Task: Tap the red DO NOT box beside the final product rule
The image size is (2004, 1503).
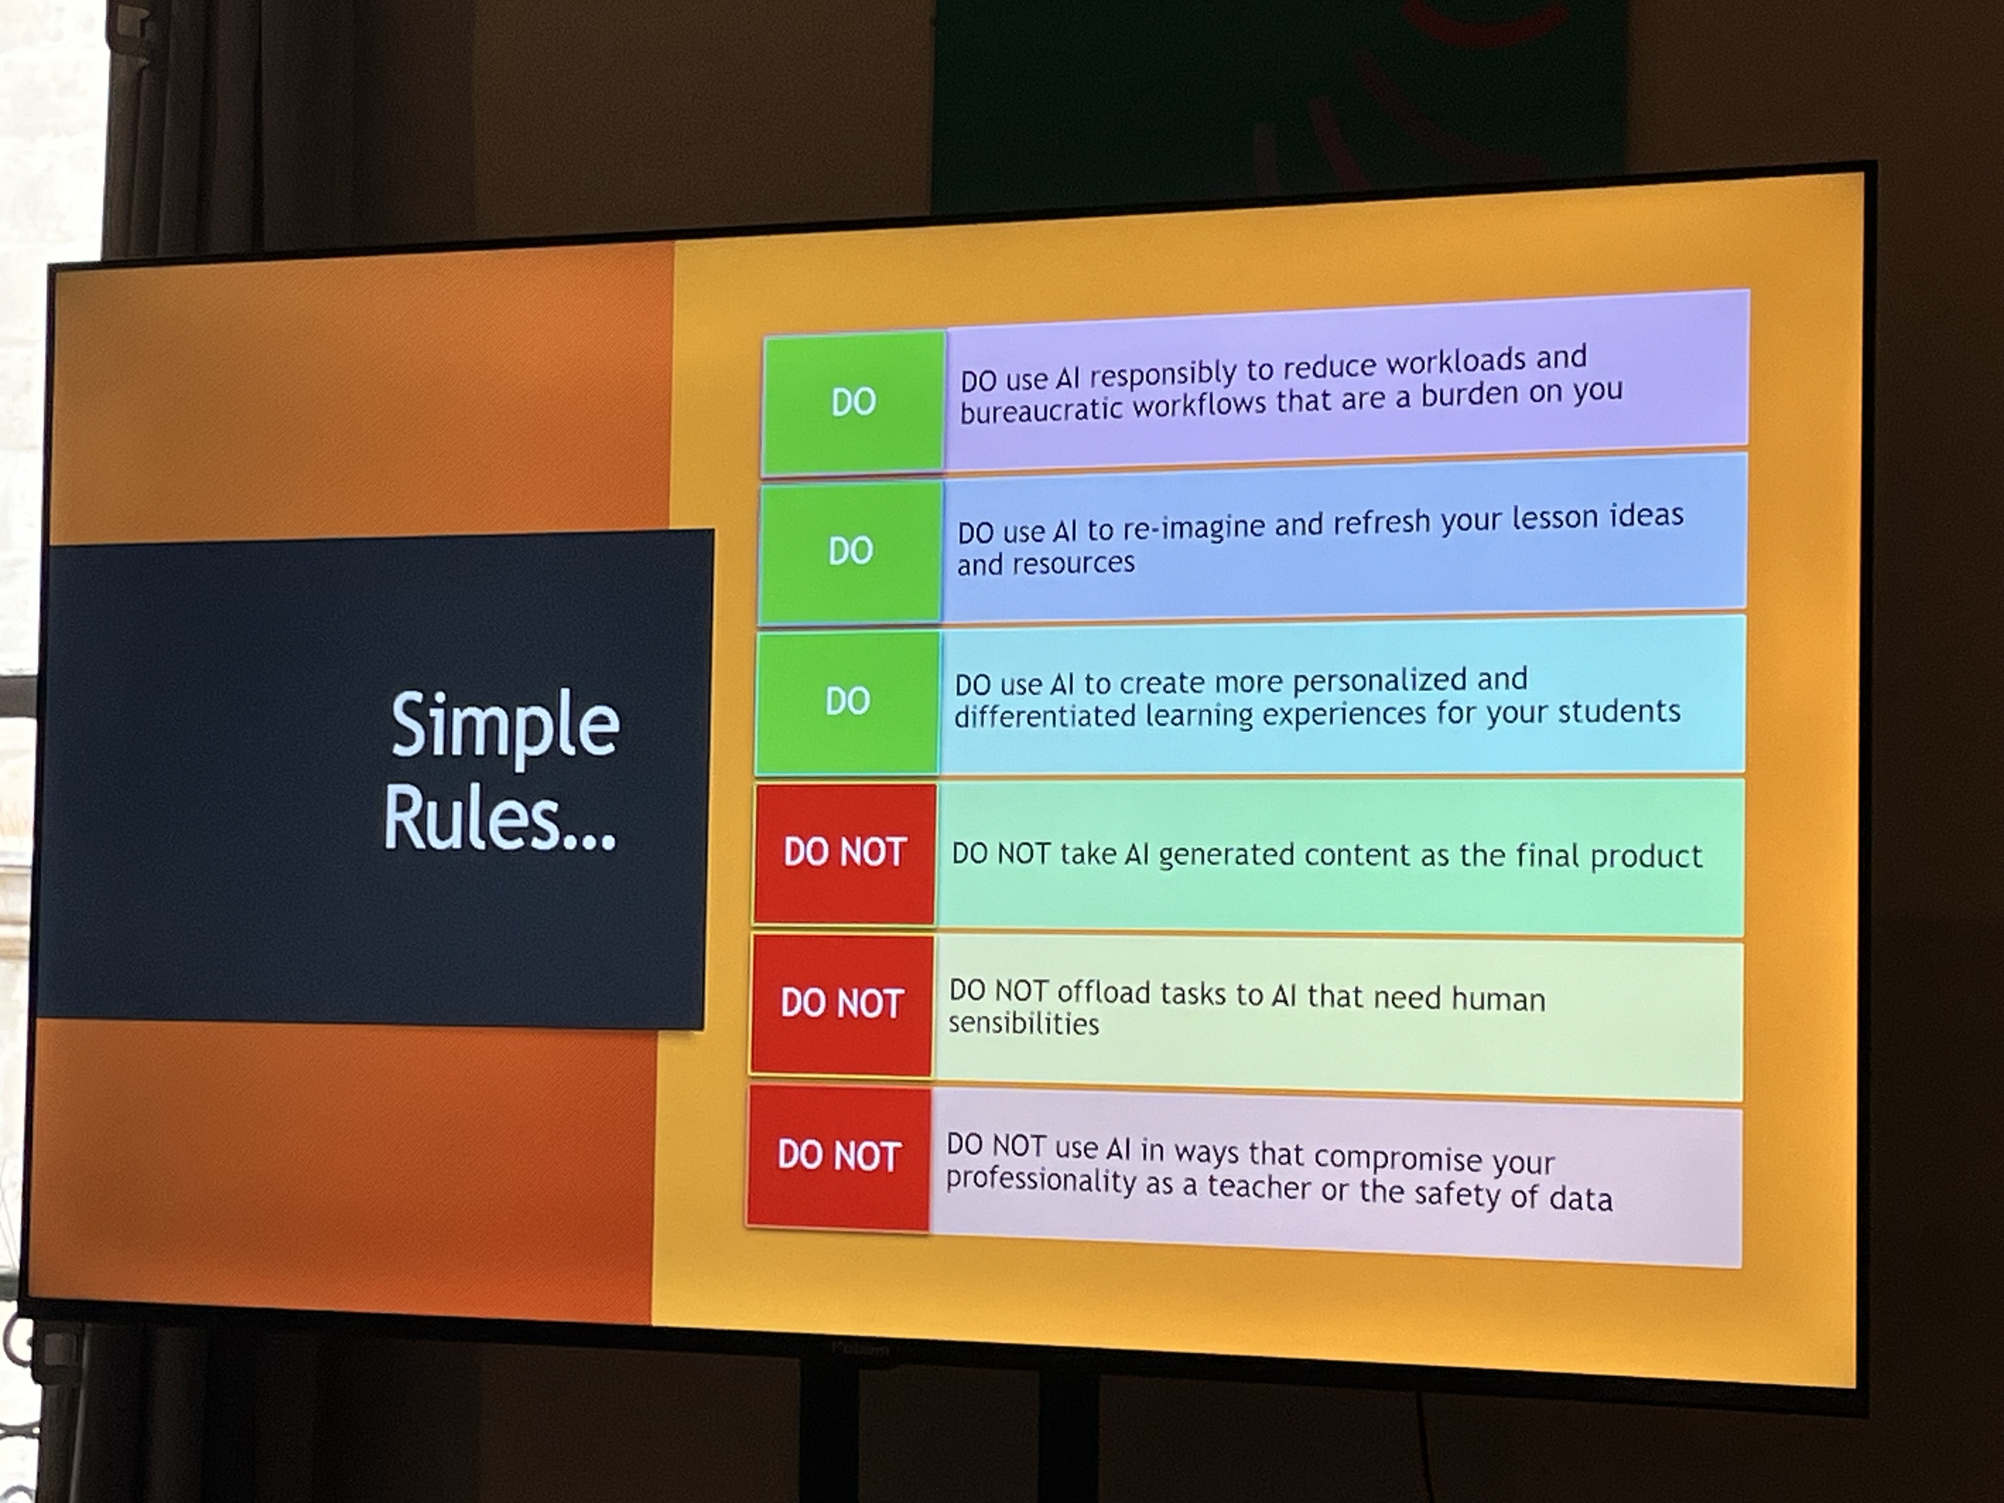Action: click(x=844, y=852)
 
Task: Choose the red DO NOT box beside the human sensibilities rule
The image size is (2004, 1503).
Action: click(x=841, y=1004)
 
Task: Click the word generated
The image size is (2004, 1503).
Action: click(x=1220, y=855)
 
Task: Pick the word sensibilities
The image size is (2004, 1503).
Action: click(x=1024, y=1024)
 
